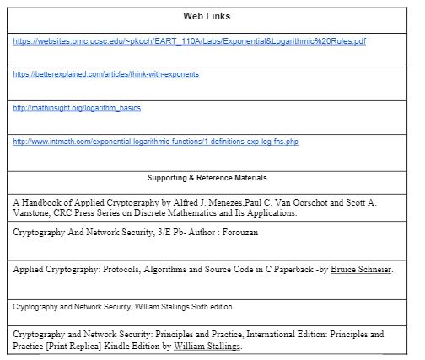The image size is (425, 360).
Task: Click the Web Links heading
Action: tap(207, 17)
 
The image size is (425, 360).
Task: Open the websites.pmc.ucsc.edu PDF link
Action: tap(190, 40)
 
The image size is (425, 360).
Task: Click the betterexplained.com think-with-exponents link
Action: tap(106, 74)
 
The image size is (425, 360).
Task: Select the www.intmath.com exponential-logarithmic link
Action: tap(156, 141)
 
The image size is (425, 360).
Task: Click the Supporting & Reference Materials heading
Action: tap(207, 178)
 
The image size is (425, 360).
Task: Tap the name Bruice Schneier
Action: tap(361, 270)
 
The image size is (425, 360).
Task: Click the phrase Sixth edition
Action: tap(209, 306)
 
